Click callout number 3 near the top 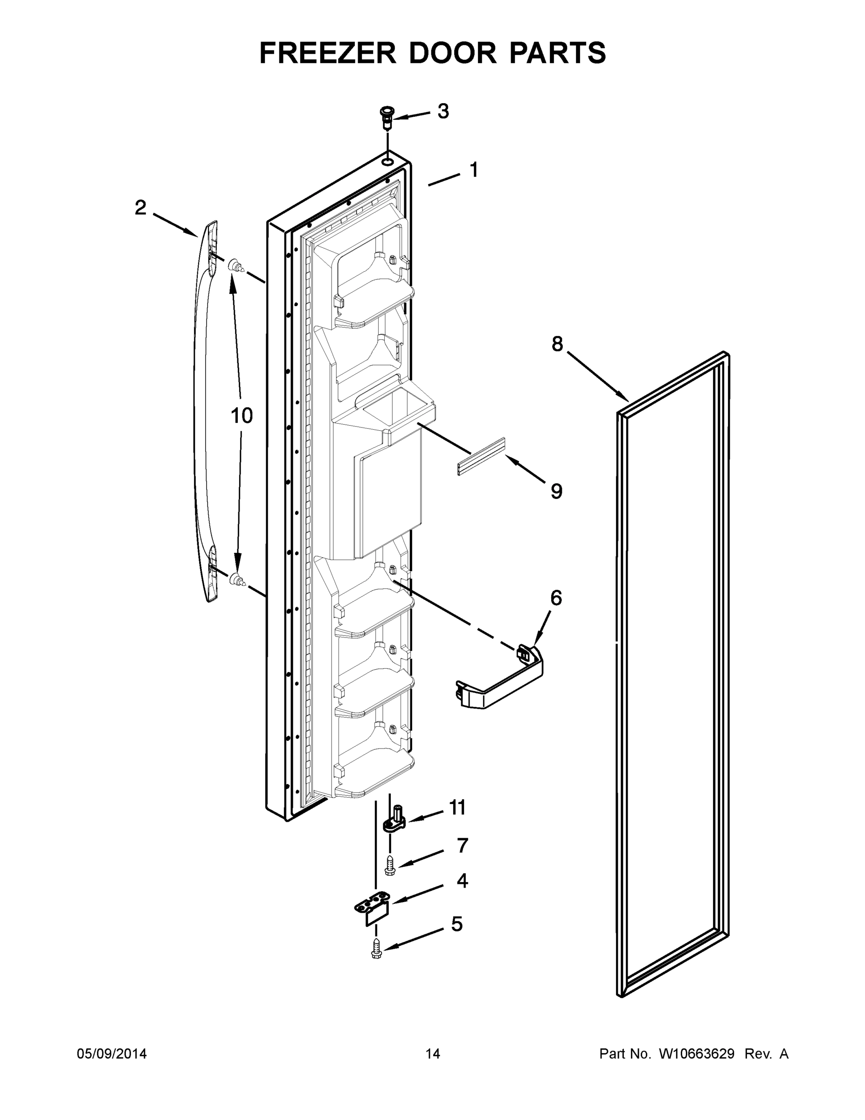[443, 111]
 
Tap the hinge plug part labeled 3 [388, 118]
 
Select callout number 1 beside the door [474, 170]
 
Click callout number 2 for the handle [140, 208]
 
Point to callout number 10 [242, 415]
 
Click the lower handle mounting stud [236, 579]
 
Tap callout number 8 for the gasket [557, 343]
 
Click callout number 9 [556, 491]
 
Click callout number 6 [556, 598]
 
